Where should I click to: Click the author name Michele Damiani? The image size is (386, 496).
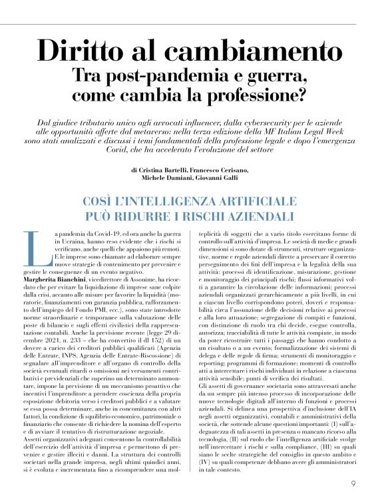pos(162,179)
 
